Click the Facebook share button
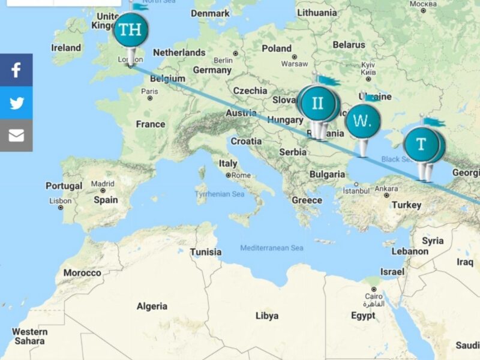pyautogui.click(x=16, y=70)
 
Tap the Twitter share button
pyautogui.click(x=16, y=103)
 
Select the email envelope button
pyautogui.click(x=16, y=136)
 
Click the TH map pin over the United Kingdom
pyautogui.click(x=130, y=30)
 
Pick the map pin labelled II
pyautogui.click(x=317, y=103)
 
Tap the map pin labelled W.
pyautogui.click(x=362, y=121)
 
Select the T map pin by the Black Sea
pyautogui.click(x=421, y=145)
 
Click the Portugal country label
pyautogui.click(x=64, y=186)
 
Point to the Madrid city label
pyautogui.click(x=103, y=184)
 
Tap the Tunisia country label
pyautogui.click(x=206, y=252)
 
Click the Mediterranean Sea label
pyautogui.click(x=272, y=248)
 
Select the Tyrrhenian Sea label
pyautogui.click(x=219, y=194)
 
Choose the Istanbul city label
pyautogui.click(x=355, y=191)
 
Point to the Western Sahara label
pyautogui.click(x=29, y=336)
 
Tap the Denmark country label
pyautogui.click(x=210, y=13)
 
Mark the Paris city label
pyautogui.click(x=149, y=91)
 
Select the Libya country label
pyautogui.click(x=267, y=316)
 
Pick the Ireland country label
pyautogui.click(x=66, y=47)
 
